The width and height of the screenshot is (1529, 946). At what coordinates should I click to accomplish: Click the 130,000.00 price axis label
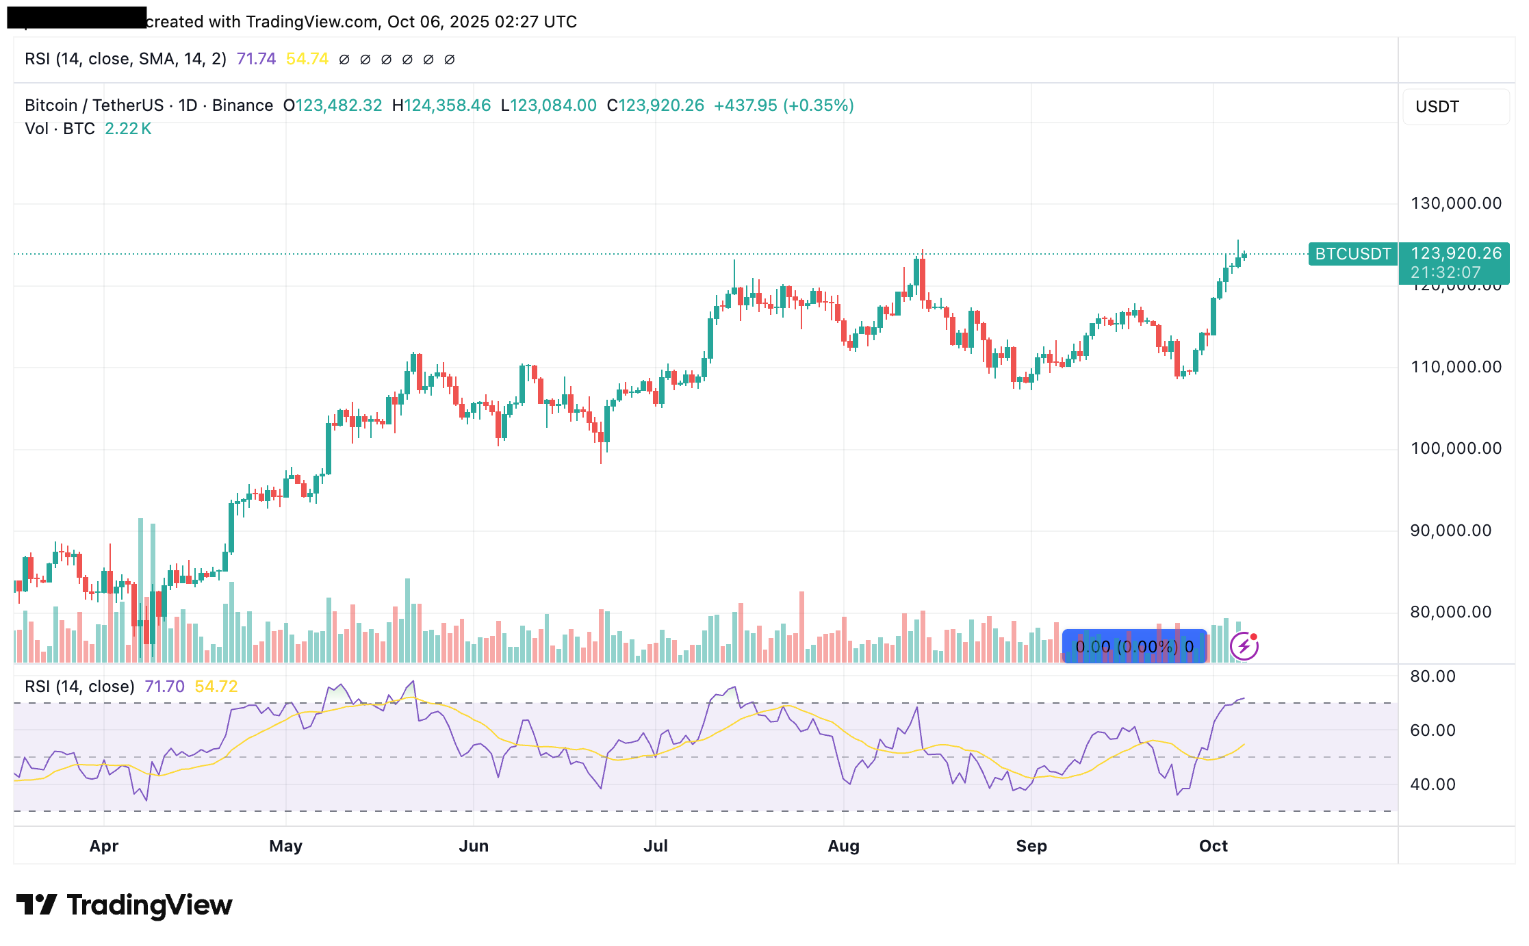click(x=1456, y=203)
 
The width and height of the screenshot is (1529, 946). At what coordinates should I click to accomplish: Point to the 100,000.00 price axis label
click(x=1456, y=448)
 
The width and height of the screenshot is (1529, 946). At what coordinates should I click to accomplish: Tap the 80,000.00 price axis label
click(x=1450, y=612)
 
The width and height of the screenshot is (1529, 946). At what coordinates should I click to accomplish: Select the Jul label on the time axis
click(x=655, y=846)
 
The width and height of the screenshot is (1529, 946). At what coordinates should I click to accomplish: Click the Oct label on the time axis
click(x=1213, y=846)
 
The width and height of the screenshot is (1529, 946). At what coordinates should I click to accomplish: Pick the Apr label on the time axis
click(x=104, y=846)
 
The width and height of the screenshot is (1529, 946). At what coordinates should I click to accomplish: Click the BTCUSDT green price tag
click(x=1352, y=254)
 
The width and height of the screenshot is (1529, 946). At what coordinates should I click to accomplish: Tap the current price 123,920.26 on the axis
click(x=1456, y=253)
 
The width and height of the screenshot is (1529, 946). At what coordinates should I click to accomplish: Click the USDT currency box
click(x=1455, y=107)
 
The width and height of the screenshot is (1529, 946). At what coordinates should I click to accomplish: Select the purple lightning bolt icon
click(x=1244, y=645)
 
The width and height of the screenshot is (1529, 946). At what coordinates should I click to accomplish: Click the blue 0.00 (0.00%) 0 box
click(x=1134, y=646)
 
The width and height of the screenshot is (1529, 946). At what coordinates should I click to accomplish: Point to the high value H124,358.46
click(x=441, y=105)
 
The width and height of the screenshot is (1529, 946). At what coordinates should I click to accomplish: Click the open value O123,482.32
click(x=333, y=105)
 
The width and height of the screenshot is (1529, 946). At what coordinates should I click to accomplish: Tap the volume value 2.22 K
click(x=128, y=129)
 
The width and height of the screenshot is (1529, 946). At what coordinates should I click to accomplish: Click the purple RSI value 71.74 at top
click(x=256, y=59)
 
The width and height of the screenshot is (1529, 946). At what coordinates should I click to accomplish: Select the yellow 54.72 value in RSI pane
click(x=216, y=687)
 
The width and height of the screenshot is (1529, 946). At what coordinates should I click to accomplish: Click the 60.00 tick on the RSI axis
click(x=1432, y=730)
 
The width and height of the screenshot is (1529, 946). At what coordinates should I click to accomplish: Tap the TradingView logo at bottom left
click(x=124, y=905)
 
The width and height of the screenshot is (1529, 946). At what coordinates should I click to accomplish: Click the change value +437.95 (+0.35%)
click(x=784, y=105)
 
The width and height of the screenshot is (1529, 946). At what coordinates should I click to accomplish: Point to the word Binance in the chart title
click(x=242, y=105)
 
